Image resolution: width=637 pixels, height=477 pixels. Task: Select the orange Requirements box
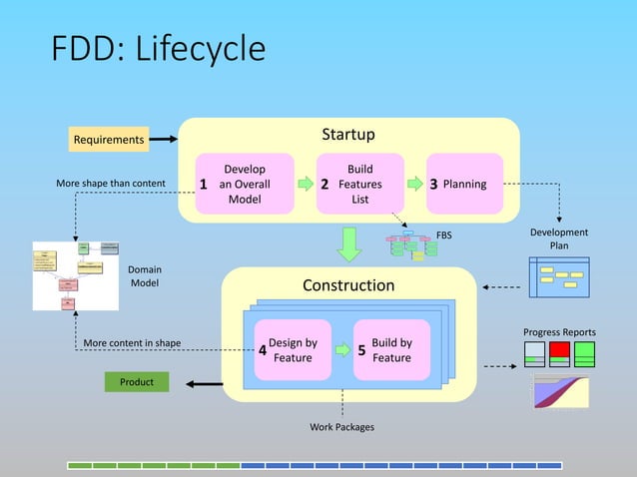coord(109,140)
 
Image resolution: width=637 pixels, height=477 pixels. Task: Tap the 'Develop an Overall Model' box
coord(245,184)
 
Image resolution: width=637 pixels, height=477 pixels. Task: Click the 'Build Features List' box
coord(359,184)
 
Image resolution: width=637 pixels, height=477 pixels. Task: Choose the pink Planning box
coord(464,184)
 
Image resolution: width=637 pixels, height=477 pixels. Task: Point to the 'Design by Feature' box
coord(293,350)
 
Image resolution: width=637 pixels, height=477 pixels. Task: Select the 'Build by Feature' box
coord(391,350)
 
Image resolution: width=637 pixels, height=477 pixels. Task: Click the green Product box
coord(137,382)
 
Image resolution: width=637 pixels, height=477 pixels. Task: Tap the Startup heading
coord(348,135)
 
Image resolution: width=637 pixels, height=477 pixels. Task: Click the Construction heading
coord(348,285)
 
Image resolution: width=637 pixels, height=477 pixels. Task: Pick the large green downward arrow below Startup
coord(348,243)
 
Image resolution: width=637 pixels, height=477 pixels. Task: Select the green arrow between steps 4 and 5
coord(342,351)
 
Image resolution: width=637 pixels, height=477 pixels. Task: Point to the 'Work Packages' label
coord(342,427)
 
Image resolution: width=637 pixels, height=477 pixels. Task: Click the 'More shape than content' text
coord(111,185)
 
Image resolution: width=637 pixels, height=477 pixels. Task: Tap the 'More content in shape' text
coord(132,343)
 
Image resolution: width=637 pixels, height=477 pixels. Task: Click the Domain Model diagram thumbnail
coord(76,275)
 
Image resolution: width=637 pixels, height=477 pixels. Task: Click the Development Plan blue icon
coord(560,273)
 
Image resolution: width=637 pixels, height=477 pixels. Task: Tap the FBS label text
coord(443,236)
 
